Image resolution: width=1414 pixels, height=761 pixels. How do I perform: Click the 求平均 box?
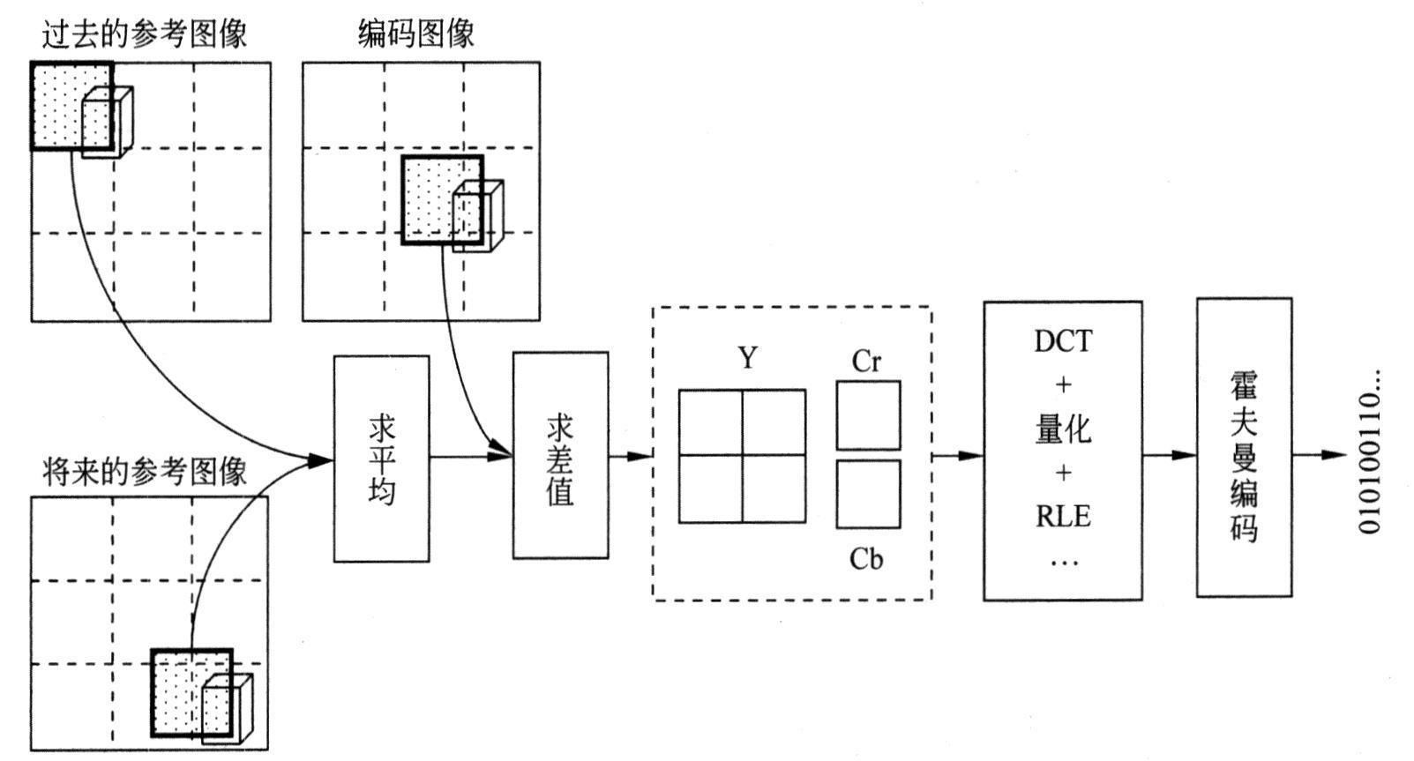381,459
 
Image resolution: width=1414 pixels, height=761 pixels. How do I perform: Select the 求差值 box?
560,455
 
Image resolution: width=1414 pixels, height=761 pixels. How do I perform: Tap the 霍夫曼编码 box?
1244,447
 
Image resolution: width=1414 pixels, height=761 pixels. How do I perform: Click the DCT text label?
1063,341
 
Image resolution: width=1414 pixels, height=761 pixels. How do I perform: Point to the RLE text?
1063,516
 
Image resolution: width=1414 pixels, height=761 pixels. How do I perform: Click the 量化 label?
1063,429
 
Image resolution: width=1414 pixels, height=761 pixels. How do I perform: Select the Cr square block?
868,415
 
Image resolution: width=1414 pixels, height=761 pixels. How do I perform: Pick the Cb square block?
868,494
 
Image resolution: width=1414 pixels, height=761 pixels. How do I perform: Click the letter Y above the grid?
748,358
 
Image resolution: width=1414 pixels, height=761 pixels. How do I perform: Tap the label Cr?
866,361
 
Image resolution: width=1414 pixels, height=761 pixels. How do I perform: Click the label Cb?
866,559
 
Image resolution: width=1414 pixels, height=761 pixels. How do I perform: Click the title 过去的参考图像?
144,34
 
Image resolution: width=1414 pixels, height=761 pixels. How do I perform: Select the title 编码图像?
416,34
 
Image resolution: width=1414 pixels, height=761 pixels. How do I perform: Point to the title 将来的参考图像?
144,472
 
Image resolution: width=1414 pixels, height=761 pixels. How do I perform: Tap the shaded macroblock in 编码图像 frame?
441,199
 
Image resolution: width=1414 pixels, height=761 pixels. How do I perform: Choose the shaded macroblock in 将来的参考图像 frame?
191,693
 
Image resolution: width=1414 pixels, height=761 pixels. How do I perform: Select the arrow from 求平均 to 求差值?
471,456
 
